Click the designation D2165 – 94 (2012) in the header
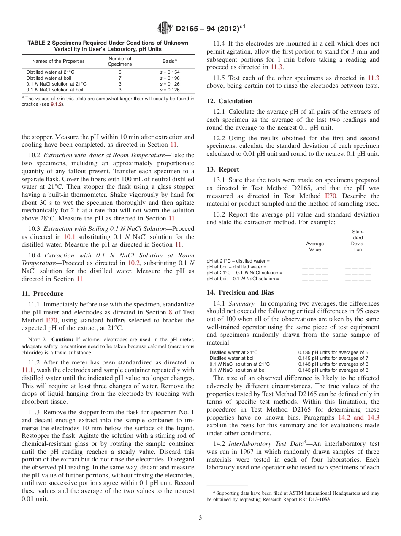tap(210, 29)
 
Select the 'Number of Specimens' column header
tap(120, 62)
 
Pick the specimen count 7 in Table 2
tap(120, 78)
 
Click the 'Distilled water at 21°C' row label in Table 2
tap(47, 72)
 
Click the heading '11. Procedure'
tap(42, 294)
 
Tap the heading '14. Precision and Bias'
tap(240, 292)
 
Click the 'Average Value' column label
tap(315, 247)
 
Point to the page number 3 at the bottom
tap(200, 518)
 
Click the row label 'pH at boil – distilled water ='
tap(236, 267)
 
